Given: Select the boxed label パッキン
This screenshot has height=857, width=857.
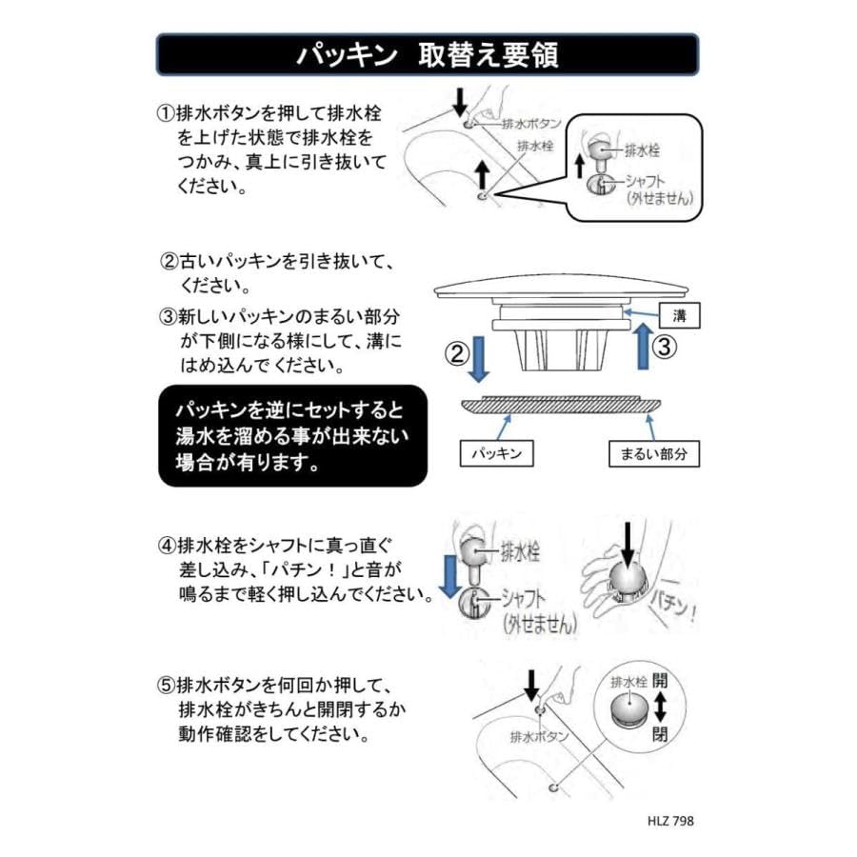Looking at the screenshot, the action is pos(496,454).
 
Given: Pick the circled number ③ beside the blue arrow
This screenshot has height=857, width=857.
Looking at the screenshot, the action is pos(668,347).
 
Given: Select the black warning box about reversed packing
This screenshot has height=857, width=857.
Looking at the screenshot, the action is pos(292,435).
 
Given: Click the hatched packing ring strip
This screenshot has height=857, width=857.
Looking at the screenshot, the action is pos(558,405).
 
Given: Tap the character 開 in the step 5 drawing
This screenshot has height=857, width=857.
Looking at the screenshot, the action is pos(660,683).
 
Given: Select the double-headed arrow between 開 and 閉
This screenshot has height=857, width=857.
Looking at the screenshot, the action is pos(660,708).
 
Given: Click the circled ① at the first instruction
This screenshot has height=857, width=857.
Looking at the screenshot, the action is pos(165,112).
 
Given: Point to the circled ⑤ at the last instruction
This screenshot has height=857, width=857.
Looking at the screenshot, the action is pos(165,684).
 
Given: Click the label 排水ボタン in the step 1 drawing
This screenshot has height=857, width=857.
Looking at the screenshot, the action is pos(530,124).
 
